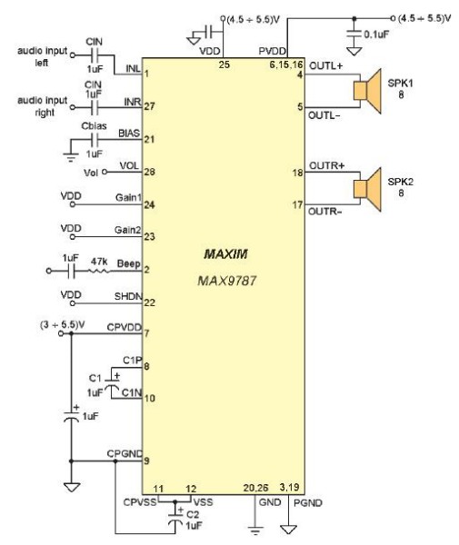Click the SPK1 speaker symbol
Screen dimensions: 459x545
(x=367, y=91)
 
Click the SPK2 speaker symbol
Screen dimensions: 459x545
(x=367, y=189)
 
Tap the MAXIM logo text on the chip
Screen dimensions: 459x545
(x=225, y=254)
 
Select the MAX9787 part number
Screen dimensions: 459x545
(x=227, y=280)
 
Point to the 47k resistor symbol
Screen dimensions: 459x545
(x=99, y=271)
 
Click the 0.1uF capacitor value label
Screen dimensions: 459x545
(x=376, y=35)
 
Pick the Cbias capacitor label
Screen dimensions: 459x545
(x=94, y=126)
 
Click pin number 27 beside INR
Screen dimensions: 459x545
(x=150, y=106)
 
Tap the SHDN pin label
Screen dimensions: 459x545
(x=128, y=296)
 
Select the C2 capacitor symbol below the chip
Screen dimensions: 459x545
(x=175, y=517)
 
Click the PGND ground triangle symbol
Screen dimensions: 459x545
(x=289, y=530)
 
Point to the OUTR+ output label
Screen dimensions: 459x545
(x=326, y=166)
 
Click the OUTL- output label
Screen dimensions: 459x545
(x=324, y=115)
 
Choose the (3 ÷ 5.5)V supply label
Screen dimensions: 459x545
(x=63, y=325)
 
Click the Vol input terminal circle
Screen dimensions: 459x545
(x=104, y=172)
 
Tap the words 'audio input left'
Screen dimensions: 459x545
(x=42, y=57)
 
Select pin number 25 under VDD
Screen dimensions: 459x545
(x=225, y=64)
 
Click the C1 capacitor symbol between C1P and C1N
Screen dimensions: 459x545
(x=112, y=382)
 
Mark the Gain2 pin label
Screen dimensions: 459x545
(x=128, y=230)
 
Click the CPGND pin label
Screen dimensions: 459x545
(x=125, y=454)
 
